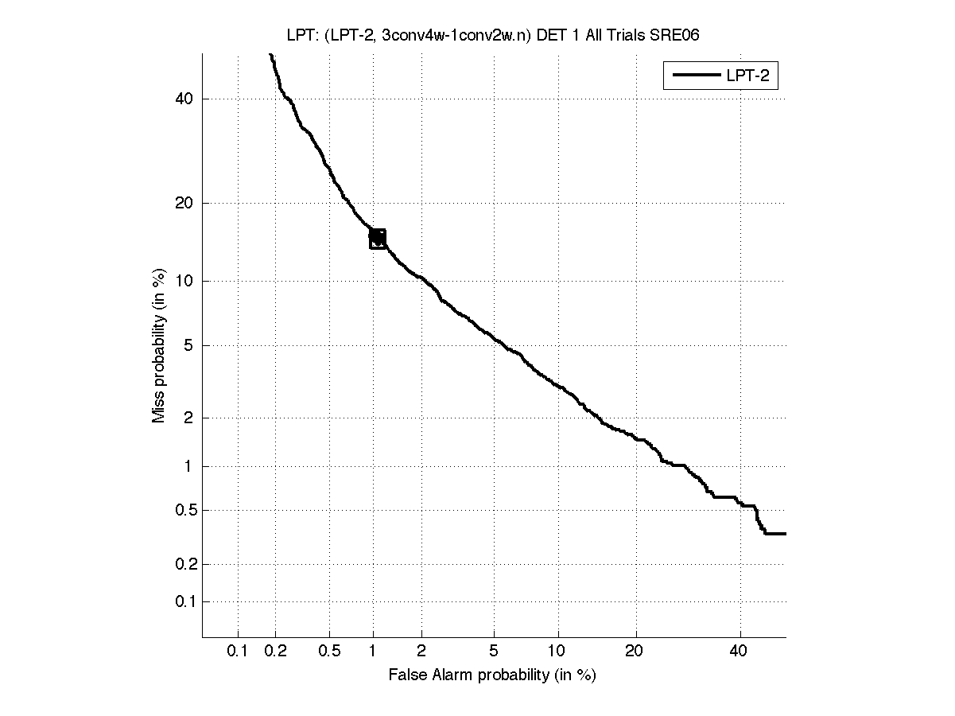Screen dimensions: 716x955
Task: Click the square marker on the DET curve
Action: click(378, 238)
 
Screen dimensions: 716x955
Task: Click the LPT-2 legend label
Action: click(751, 76)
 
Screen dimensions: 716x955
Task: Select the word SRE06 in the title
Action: click(676, 34)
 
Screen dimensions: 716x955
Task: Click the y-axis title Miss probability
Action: click(159, 344)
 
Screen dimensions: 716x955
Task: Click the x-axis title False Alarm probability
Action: click(492, 675)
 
